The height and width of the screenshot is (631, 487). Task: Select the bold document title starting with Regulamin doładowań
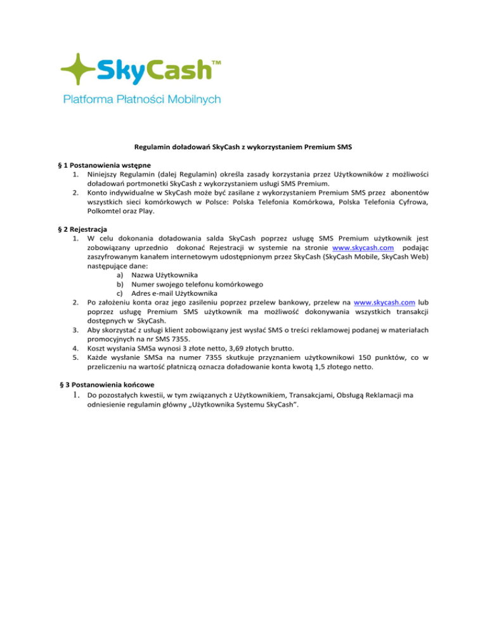pos(243,147)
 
